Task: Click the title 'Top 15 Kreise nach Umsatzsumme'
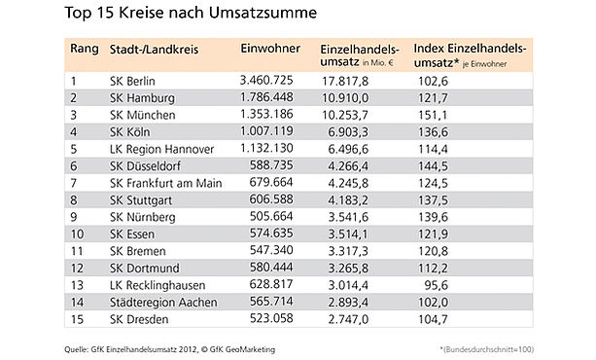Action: tap(191, 13)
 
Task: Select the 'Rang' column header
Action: tap(85, 49)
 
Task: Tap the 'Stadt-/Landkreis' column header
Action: tap(154, 50)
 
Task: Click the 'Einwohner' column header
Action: tap(270, 49)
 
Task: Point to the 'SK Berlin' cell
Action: tap(132, 81)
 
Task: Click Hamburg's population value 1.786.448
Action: tap(266, 97)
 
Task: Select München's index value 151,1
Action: tap(433, 115)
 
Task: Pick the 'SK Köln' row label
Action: tap(129, 132)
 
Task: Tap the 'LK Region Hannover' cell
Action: tap(162, 149)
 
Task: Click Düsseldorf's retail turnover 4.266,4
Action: tap(348, 166)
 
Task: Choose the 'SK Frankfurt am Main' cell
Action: tap(165, 184)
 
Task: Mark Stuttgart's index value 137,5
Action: tap(433, 200)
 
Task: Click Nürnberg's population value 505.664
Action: tap(271, 216)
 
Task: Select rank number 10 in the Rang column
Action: tap(77, 234)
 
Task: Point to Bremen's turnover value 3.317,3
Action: tap(348, 251)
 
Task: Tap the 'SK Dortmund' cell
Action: tap(145, 269)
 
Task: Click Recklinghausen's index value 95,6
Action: tap(436, 285)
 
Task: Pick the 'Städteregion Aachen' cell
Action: tap(163, 303)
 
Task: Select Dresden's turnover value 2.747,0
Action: tap(348, 319)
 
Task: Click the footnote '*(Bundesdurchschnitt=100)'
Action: tap(486, 349)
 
